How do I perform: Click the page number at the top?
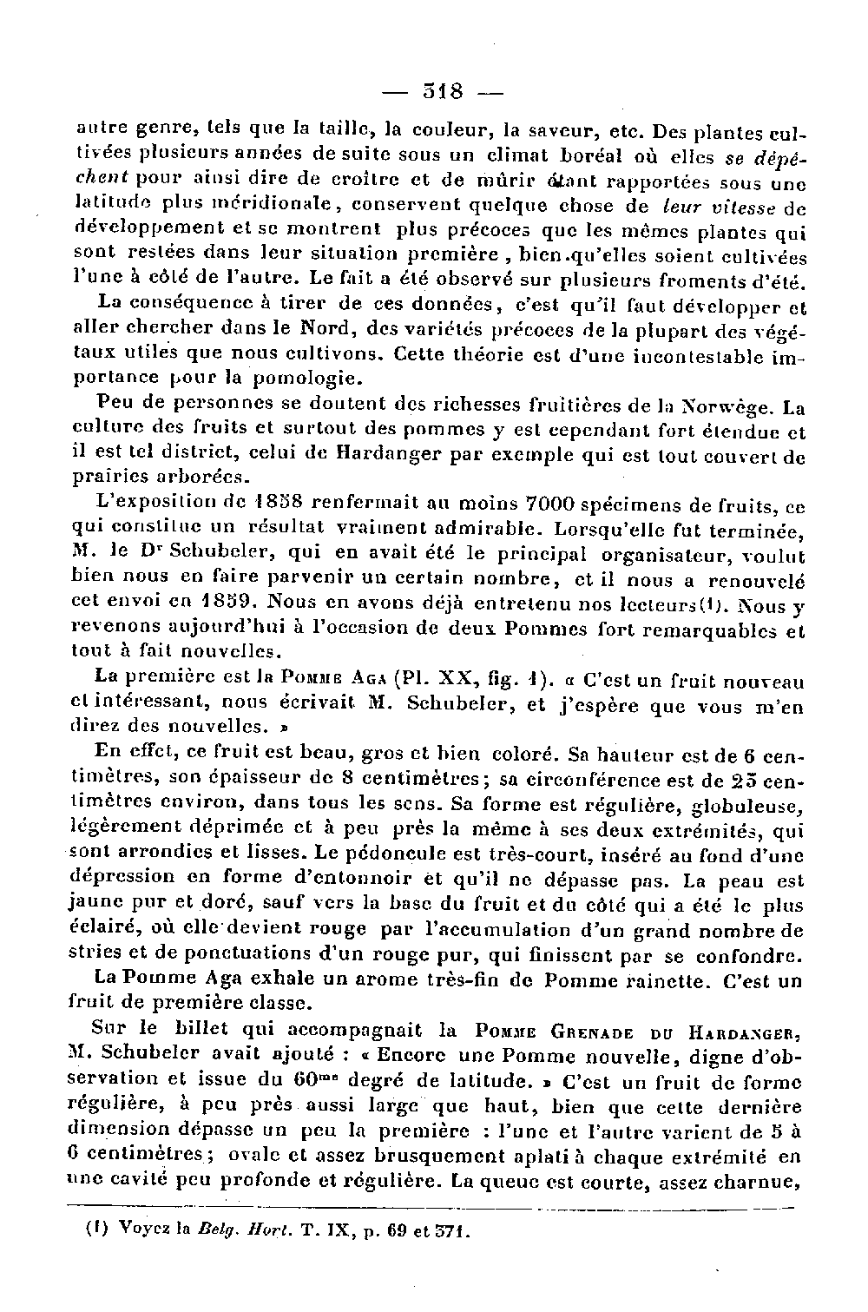tap(443, 90)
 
